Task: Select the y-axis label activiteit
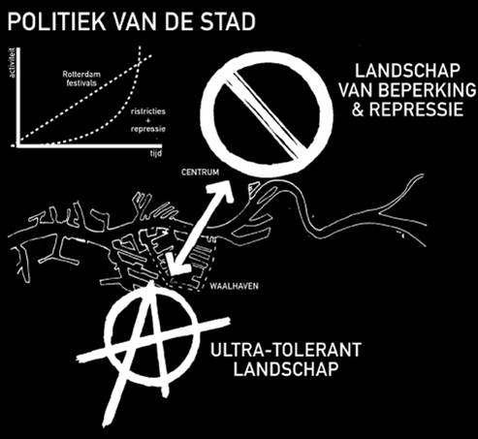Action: [x=13, y=63]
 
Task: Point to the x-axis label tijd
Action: [x=156, y=153]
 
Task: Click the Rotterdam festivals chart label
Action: [x=81, y=78]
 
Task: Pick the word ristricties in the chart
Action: [x=148, y=111]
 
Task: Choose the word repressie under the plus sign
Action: [x=148, y=129]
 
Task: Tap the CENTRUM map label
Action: [x=200, y=172]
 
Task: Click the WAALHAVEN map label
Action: [x=234, y=286]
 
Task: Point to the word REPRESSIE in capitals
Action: [x=416, y=110]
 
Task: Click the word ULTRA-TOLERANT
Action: [x=286, y=350]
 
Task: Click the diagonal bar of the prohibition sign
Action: [x=266, y=115]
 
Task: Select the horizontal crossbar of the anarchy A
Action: [x=153, y=338]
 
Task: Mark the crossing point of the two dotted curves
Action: [x=139, y=63]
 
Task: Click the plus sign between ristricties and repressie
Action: [x=148, y=120]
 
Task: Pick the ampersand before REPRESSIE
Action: [x=358, y=110]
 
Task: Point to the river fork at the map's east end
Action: [x=382, y=213]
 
